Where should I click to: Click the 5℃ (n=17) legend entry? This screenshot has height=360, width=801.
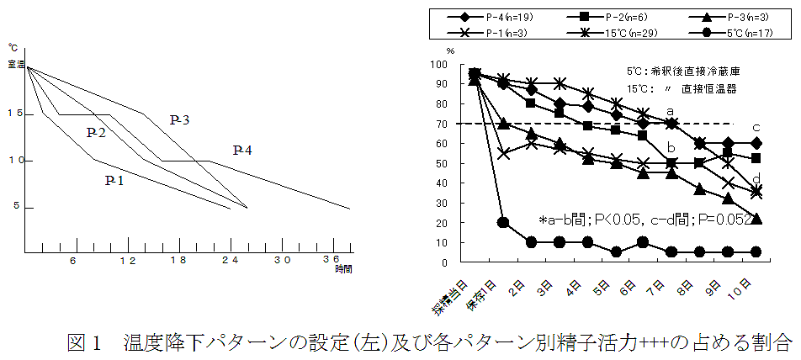pyautogui.click(x=741, y=32)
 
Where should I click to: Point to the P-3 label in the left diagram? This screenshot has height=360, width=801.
pyautogui.click(x=179, y=120)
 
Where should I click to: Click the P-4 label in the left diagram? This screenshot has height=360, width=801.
pyautogui.click(x=243, y=150)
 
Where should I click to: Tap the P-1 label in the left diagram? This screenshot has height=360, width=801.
pyautogui.click(x=115, y=180)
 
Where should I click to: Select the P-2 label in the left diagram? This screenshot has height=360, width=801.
pyautogui.click(x=96, y=132)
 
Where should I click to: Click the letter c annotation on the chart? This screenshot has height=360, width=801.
pyautogui.click(x=756, y=127)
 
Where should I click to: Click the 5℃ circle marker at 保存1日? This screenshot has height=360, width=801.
pyautogui.click(x=503, y=223)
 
